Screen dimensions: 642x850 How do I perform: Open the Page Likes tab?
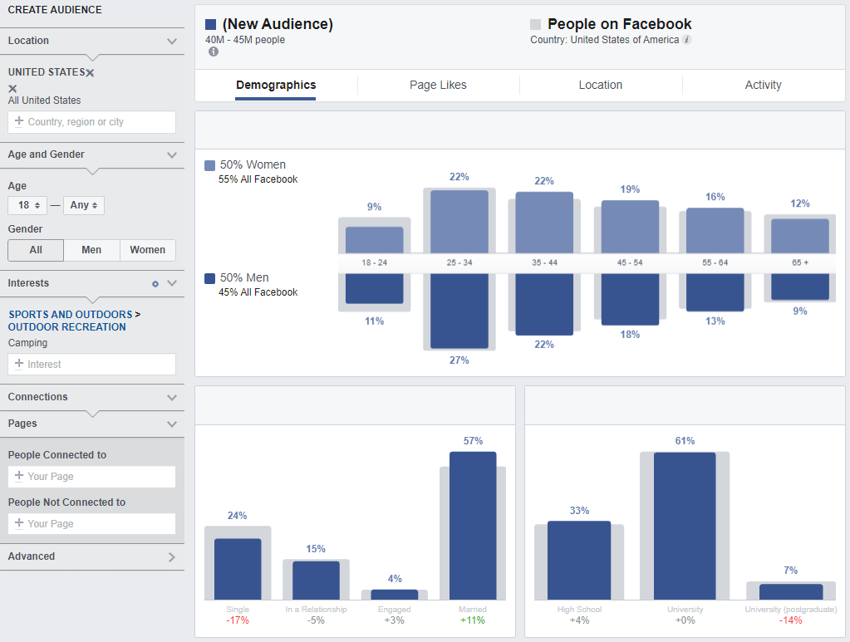tap(438, 85)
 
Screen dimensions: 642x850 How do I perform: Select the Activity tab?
tap(763, 85)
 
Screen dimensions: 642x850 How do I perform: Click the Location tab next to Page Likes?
tap(600, 85)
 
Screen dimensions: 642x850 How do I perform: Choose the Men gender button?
tap(91, 250)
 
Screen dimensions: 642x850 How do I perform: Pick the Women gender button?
tap(147, 250)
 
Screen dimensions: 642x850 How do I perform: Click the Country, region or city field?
tap(91, 122)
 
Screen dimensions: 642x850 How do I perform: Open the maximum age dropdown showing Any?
tap(83, 205)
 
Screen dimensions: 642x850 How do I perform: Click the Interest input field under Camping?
tap(91, 365)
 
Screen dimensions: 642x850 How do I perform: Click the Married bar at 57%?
tap(473, 525)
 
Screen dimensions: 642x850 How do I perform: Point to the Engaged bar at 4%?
tap(395, 595)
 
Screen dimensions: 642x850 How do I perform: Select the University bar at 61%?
tap(685, 525)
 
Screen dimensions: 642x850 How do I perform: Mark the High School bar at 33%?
tap(579, 560)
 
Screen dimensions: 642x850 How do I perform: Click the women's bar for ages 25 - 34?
tap(459, 221)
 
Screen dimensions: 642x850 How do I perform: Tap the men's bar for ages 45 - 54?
tap(630, 299)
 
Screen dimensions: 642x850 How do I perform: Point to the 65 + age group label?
tap(800, 262)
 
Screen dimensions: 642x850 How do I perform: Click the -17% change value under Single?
tap(237, 620)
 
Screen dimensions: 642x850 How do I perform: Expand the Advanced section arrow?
tap(172, 557)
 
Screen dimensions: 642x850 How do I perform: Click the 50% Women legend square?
tap(209, 165)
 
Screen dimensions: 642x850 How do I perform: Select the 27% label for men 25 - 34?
tap(459, 360)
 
